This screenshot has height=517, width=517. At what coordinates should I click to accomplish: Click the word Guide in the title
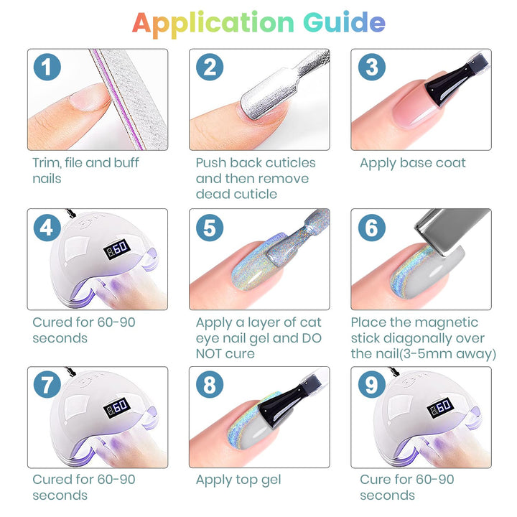click(344, 22)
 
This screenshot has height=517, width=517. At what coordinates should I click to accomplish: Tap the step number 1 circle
click(47, 67)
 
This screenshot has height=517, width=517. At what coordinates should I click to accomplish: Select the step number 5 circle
click(210, 228)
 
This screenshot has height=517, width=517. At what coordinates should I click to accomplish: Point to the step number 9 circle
click(372, 384)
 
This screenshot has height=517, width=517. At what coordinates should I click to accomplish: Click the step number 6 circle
click(372, 228)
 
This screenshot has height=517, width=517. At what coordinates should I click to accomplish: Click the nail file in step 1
click(129, 99)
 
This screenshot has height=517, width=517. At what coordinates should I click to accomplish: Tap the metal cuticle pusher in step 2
click(284, 85)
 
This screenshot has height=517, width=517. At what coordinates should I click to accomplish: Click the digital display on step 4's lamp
click(117, 248)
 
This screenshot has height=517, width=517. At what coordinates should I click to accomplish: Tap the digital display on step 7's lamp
click(117, 407)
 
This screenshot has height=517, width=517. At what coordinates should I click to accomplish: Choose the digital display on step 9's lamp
click(441, 407)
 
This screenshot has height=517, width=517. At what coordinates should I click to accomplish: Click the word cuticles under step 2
click(291, 162)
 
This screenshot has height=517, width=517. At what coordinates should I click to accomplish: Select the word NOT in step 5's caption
click(208, 354)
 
